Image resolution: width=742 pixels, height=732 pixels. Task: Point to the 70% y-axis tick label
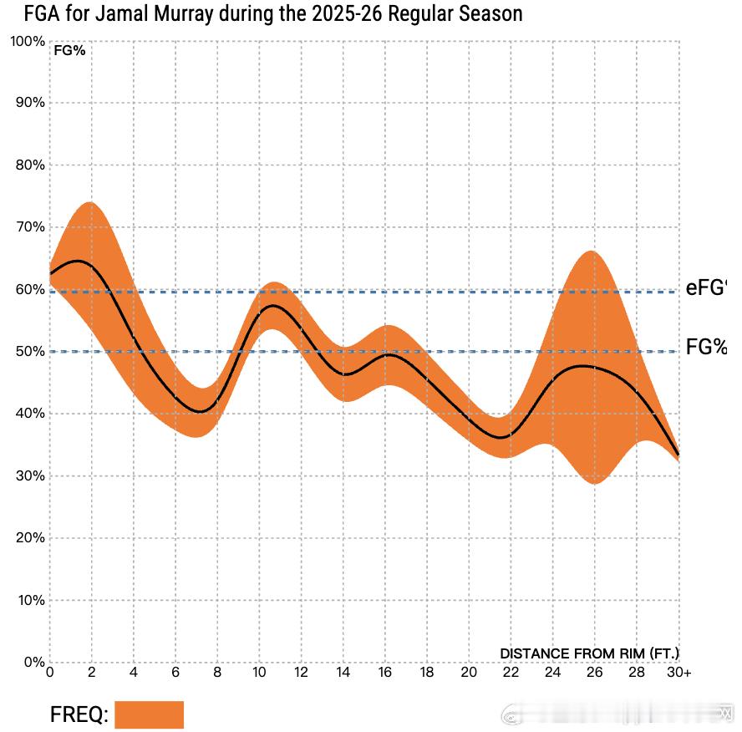click(30, 226)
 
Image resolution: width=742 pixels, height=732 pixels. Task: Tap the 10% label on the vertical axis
click(30, 600)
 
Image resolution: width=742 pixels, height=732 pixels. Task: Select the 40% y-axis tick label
click(30, 413)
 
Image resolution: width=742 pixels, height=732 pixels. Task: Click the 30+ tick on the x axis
click(679, 673)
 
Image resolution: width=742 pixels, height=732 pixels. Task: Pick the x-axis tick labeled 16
click(385, 673)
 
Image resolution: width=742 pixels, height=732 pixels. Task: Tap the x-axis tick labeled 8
click(217, 673)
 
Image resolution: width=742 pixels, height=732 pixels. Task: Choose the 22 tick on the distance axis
click(511, 673)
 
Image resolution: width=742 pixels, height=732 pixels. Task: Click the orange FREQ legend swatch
click(149, 714)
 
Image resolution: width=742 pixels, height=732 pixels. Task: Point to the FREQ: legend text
click(79, 715)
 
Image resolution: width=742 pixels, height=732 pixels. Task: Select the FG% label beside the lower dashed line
click(706, 348)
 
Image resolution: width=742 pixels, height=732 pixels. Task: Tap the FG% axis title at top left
click(69, 50)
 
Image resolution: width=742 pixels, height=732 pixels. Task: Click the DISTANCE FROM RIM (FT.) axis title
click(589, 653)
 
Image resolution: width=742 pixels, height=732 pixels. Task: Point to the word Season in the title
click(493, 14)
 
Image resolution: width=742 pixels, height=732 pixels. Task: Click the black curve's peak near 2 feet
click(78, 262)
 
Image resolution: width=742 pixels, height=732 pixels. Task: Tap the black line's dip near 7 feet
click(200, 411)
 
